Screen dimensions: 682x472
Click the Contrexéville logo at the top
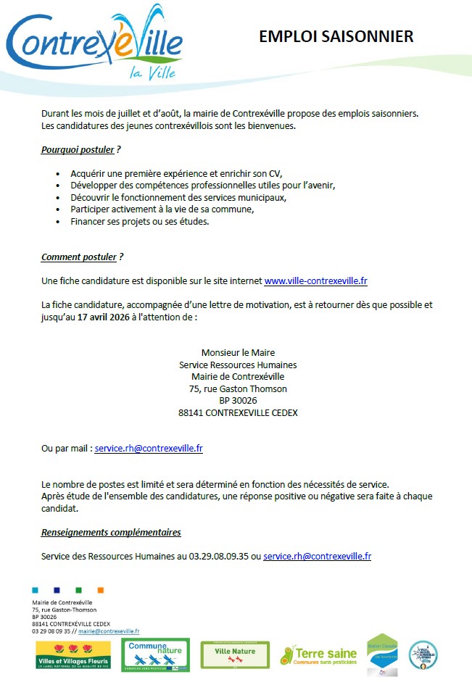(x=94, y=42)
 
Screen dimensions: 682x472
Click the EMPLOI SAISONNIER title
(x=336, y=37)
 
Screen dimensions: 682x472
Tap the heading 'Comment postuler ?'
(x=82, y=257)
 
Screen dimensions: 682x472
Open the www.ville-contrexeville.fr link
(x=315, y=280)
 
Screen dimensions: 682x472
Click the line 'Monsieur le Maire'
(x=238, y=353)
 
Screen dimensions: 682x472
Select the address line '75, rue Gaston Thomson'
(x=238, y=388)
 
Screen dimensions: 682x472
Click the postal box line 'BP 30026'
(x=238, y=400)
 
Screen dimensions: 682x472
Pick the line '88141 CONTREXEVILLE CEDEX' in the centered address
(x=238, y=412)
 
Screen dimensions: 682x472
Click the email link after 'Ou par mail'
(x=149, y=449)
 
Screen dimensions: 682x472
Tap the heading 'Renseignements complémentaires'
(x=111, y=533)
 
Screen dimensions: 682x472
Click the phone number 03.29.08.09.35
(x=218, y=557)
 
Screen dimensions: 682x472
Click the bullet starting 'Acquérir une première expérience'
(x=175, y=174)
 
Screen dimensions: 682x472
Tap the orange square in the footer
(x=101, y=590)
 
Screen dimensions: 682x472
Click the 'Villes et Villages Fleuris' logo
(x=73, y=655)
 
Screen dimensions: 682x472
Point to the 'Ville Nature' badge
(x=235, y=655)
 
